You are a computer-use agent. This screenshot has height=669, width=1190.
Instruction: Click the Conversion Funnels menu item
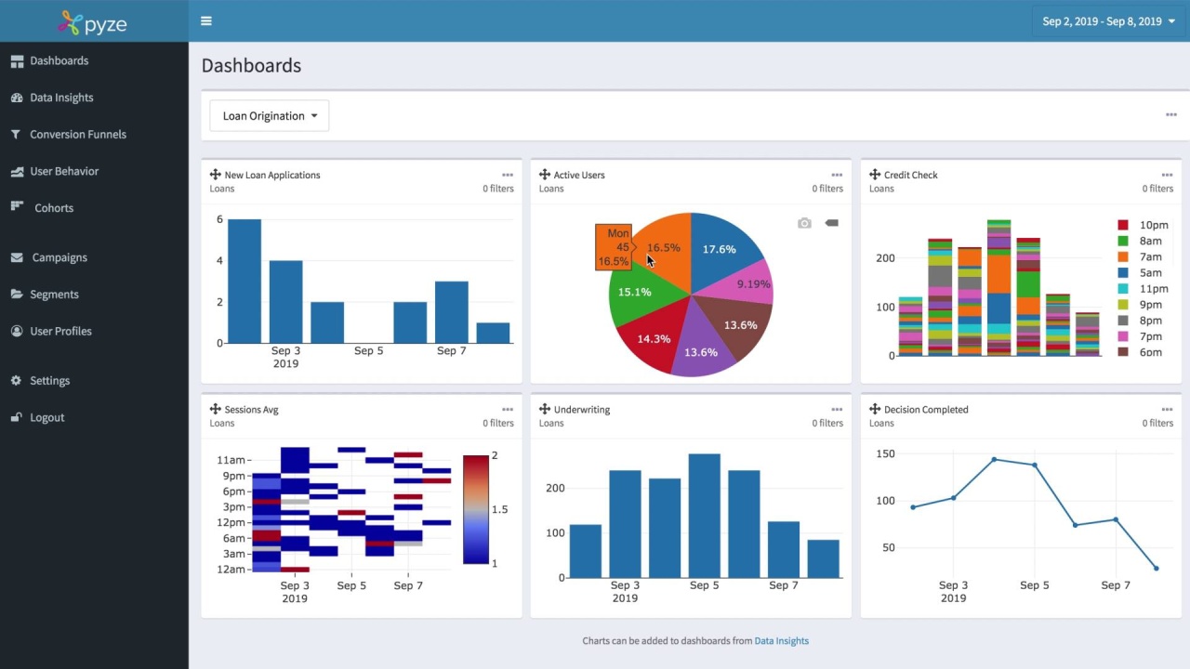point(77,135)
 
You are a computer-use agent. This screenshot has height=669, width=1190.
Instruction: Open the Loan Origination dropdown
point(269,116)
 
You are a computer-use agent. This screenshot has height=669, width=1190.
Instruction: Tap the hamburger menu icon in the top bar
point(206,21)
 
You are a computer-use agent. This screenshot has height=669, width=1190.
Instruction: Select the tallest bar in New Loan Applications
point(245,281)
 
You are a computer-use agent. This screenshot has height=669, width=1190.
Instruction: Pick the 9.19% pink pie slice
point(749,283)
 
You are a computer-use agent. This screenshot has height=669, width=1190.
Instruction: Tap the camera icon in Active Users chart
point(804,223)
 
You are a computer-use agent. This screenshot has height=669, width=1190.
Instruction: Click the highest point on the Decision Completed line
point(994,460)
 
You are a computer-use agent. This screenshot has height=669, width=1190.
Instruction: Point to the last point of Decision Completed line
point(1157,569)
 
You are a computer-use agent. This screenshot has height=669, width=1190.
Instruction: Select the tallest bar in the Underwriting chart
point(705,516)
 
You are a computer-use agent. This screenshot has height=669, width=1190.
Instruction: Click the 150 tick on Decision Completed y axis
point(885,454)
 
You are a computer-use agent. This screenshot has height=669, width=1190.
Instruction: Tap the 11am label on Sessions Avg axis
point(231,460)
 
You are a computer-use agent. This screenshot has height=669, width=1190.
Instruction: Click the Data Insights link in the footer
point(781,641)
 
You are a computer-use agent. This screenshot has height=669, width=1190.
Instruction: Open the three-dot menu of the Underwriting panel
point(837,410)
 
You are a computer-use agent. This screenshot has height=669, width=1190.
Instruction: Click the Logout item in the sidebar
point(46,418)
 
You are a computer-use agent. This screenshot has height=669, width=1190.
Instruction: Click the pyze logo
point(93,23)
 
